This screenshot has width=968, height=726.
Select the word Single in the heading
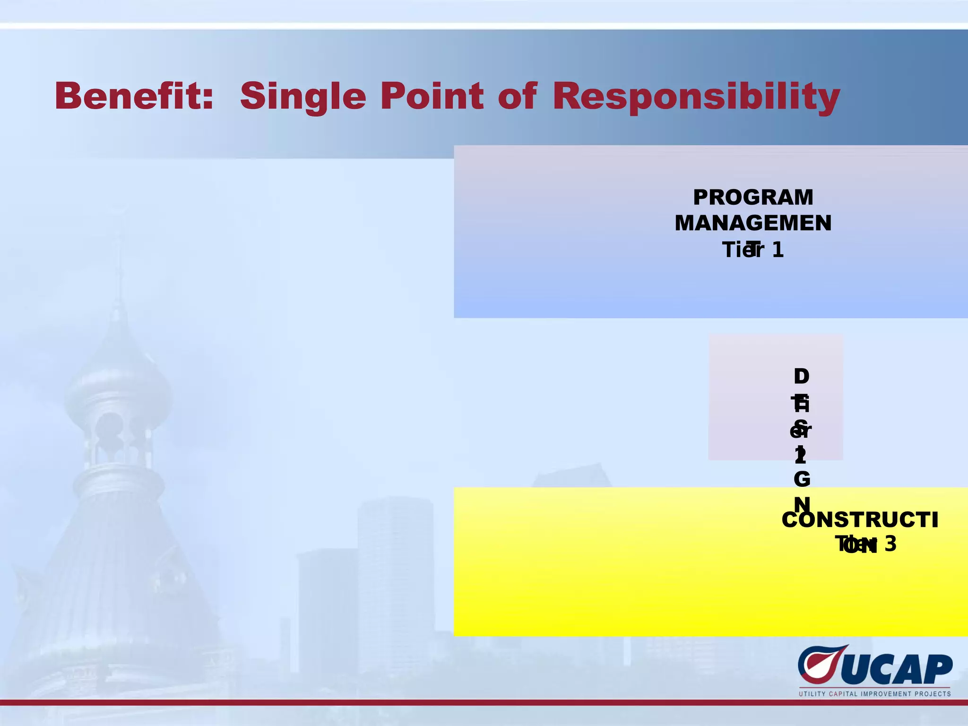click(303, 97)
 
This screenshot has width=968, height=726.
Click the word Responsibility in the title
click(696, 97)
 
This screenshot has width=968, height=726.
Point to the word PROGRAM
click(753, 198)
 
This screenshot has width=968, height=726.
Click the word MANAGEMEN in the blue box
click(753, 223)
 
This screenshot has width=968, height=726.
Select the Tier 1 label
click(753, 250)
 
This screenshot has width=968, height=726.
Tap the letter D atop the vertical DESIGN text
click(801, 377)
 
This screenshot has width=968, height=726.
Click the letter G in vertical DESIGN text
click(802, 480)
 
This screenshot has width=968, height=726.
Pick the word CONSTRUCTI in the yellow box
click(860, 520)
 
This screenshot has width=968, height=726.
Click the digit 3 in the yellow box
click(890, 544)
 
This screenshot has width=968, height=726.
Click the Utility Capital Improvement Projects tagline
click(874, 694)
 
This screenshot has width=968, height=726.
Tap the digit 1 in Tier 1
click(778, 250)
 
